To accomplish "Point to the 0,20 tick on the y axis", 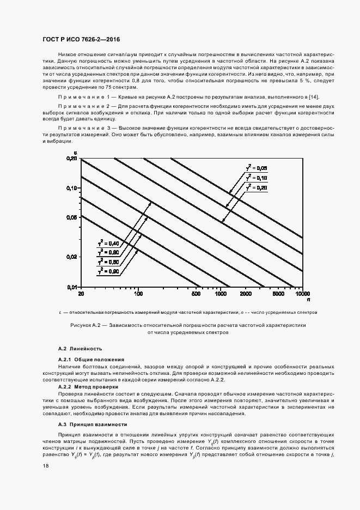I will (72, 158).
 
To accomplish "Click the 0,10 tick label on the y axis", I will (72, 187).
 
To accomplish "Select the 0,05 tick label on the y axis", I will (72, 217).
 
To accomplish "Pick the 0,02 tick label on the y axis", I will (72, 256).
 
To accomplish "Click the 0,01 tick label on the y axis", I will (72, 286).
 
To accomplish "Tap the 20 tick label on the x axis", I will (81, 293).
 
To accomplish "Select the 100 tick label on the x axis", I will (138, 293).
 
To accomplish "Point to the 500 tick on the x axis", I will (196, 293).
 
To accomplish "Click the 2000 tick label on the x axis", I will (245, 293).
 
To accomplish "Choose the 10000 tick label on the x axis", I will (302, 293).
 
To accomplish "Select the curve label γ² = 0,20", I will (257, 187).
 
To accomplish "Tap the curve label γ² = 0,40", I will (108, 244).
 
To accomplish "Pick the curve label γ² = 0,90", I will (108, 270).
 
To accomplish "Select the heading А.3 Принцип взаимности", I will (93, 424).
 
